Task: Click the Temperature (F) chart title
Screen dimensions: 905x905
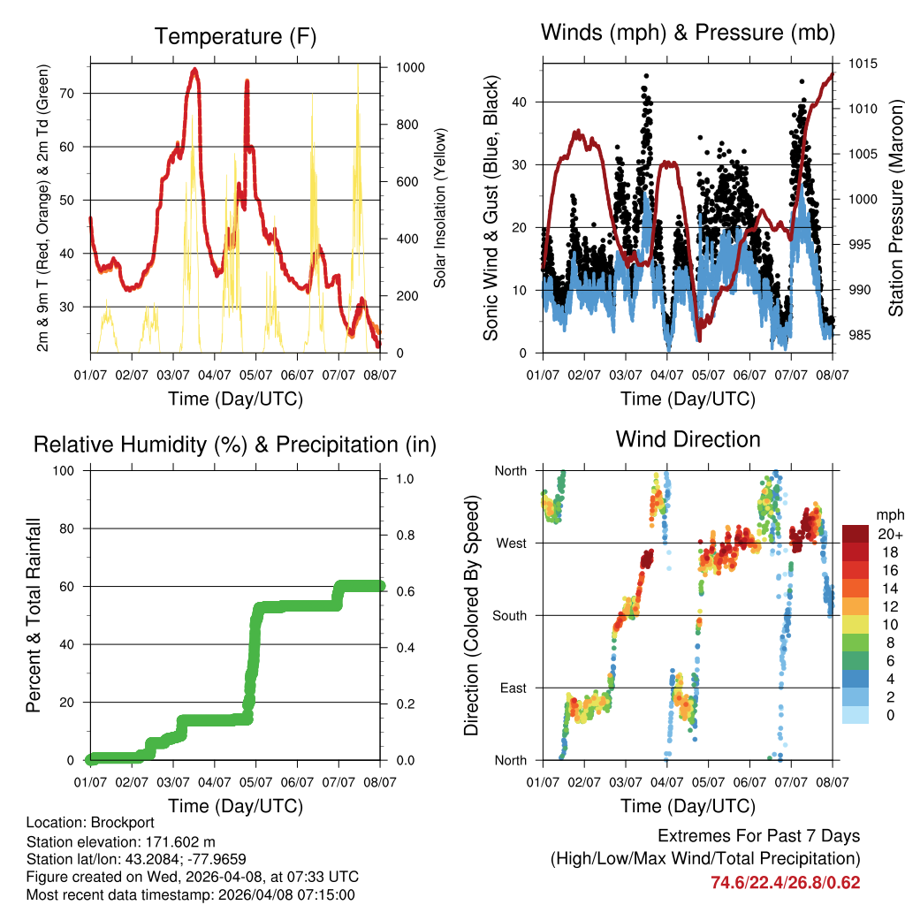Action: coord(235,36)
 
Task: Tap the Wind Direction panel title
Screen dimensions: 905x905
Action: coord(688,439)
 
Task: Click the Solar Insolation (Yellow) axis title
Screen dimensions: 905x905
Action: coord(440,209)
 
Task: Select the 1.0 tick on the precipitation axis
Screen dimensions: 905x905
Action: coord(404,479)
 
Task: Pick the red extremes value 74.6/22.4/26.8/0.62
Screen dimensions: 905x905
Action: coord(785,882)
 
